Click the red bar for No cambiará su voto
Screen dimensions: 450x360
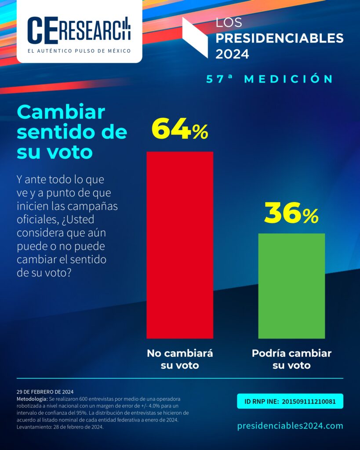[x=179, y=245]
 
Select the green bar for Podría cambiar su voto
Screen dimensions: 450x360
[x=291, y=286]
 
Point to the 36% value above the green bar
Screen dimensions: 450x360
[x=291, y=214]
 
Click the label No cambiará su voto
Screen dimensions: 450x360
[x=179, y=359]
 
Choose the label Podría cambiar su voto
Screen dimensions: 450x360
[x=291, y=359]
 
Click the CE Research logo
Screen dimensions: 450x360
[x=79, y=29]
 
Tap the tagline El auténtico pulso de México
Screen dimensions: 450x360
[x=79, y=51]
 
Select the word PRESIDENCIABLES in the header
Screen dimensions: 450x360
[x=280, y=38]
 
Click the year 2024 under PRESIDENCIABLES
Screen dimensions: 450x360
[x=232, y=54]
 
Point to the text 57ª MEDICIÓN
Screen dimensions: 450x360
[x=270, y=79]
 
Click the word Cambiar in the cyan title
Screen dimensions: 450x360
[x=61, y=112]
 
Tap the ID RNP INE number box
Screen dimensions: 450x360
[x=290, y=401]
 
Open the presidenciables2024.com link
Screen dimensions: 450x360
[x=290, y=426]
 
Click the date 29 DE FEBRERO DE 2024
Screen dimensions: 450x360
[x=45, y=392]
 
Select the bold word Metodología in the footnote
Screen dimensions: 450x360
[x=32, y=398]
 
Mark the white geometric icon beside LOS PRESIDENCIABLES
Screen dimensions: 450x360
[x=195, y=37]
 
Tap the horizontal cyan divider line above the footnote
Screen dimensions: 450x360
[x=179, y=378]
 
